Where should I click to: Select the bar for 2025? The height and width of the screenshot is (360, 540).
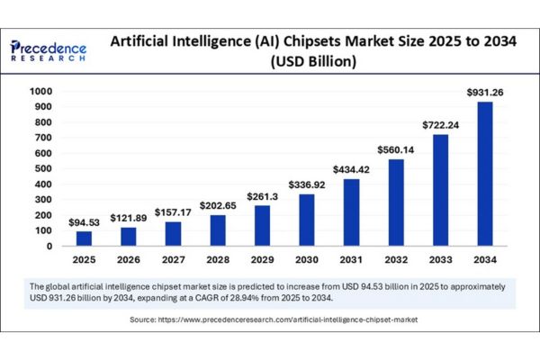(84, 238)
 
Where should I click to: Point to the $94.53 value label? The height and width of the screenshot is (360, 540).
(84, 222)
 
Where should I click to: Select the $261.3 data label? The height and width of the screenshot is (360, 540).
(264, 197)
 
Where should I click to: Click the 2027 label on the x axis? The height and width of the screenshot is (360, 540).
(174, 261)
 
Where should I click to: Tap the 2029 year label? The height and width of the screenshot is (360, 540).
(264, 261)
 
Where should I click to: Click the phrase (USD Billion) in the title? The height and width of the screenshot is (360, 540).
(311, 62)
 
